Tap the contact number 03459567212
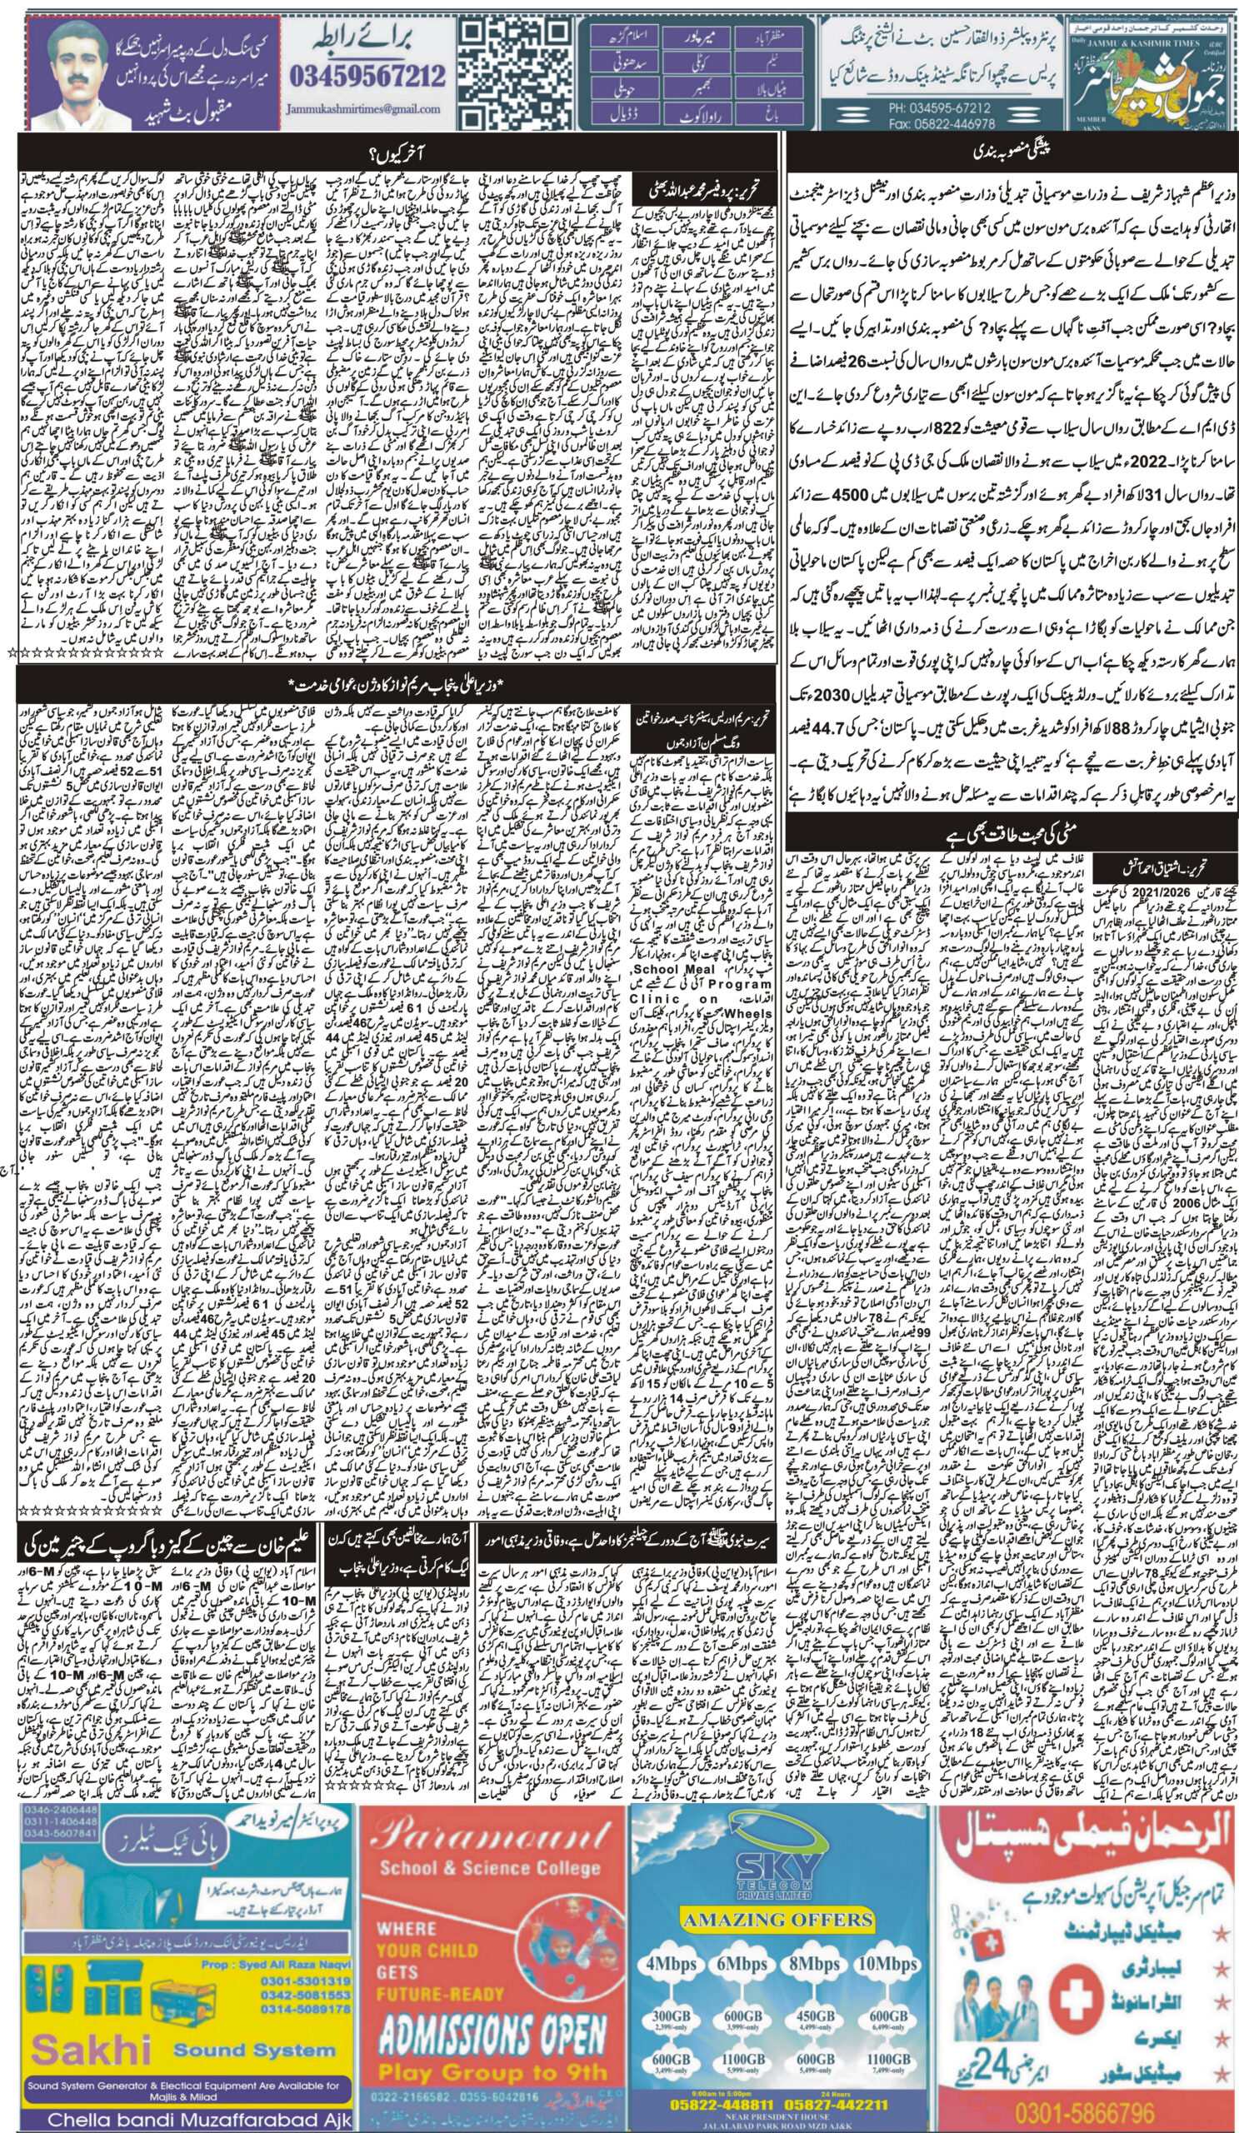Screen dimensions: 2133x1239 coord(367,77)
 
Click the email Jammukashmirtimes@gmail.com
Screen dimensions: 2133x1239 coord(364,109)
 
